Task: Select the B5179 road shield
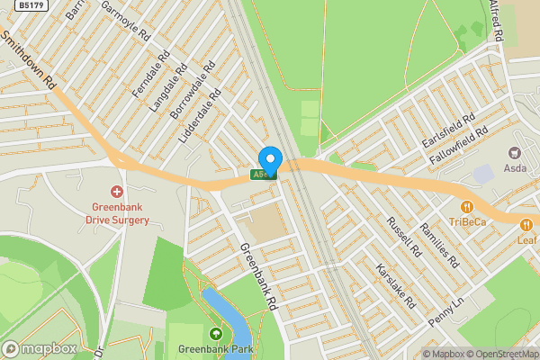(x=31, y=5)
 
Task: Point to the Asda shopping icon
(x=517, y=154)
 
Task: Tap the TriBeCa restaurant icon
(x=467, y=206)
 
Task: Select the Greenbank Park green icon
(x=215, y=335)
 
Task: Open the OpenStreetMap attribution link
(x=501, y=354)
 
